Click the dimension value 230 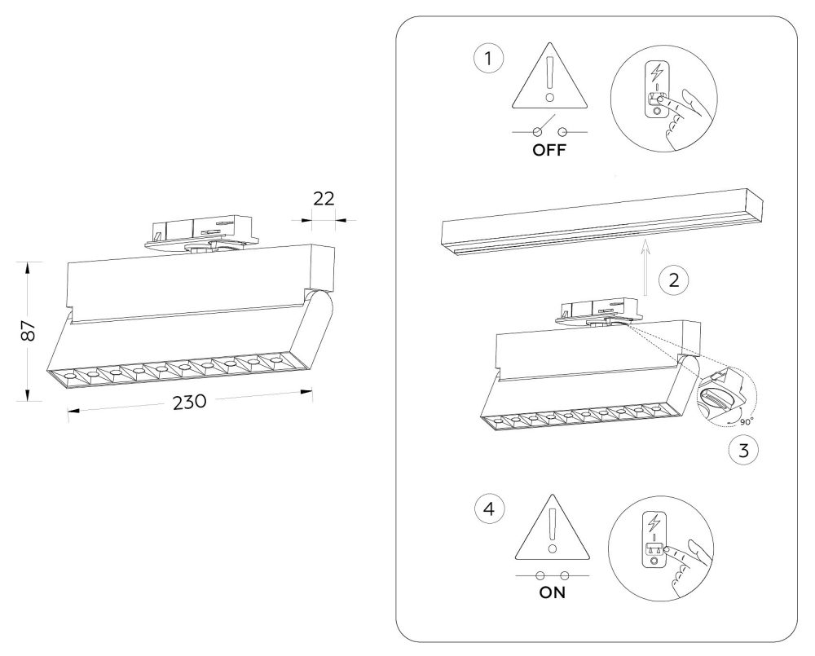point(190,402)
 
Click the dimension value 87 point(29,330)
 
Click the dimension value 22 point(324,199)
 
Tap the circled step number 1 point(488,59)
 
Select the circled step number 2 point(674,280)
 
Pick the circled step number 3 point(743,450)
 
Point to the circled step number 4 point(489,509)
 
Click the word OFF point(549,151)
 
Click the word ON point(552,592)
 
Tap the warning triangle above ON point(553,527)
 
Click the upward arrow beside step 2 point(645,268)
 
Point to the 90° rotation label point(747,422)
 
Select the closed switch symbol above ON point(553,575)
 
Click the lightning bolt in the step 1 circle point(657,73)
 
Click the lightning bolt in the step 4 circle point(654,522)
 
